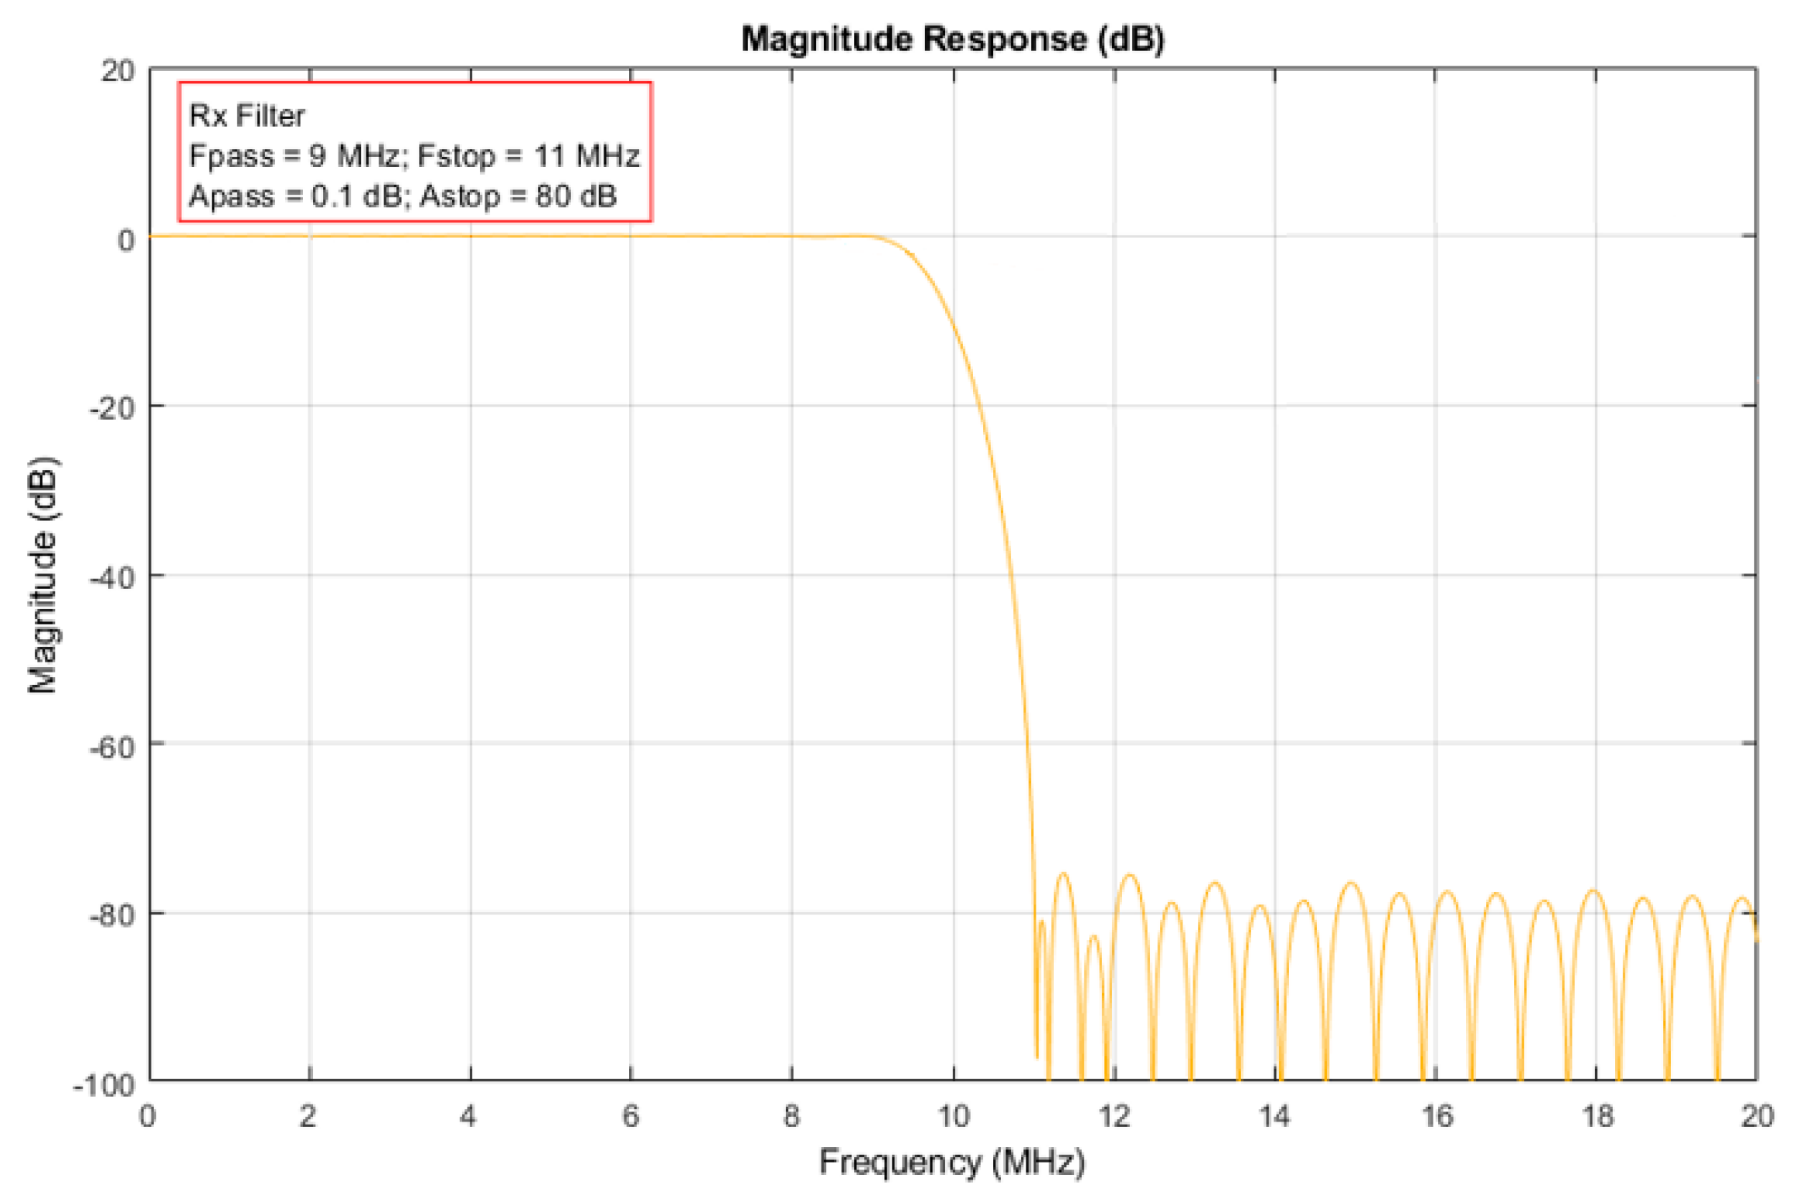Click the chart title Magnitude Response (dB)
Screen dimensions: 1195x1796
pos(952,39)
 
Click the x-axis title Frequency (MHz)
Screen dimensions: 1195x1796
pos(952,1162)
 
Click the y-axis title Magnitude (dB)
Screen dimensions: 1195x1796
pos(43,576)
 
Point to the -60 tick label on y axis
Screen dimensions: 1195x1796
pos(112,747)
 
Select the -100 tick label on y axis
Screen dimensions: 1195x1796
pos(104,1085)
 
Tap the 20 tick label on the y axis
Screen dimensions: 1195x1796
pos(117,71)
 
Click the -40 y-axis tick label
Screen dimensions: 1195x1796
pos(112,577)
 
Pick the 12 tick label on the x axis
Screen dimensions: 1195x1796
pos(1114,1116)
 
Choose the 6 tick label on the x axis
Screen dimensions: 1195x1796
pos(631,1116)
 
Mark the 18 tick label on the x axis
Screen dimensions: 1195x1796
pos(1597,1116)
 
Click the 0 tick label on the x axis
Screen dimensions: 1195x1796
pos(148,1116)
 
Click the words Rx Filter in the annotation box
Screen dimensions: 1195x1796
pos(247,116)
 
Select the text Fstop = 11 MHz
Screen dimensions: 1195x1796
pos(529,156)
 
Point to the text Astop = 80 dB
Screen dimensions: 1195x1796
pos(518,196)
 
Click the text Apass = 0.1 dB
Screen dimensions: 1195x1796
pos(294,196)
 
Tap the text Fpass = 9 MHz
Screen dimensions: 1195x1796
pos(294,156)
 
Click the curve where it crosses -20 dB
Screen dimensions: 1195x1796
pos(984,405)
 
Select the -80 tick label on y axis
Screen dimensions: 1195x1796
pos(112,915)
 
